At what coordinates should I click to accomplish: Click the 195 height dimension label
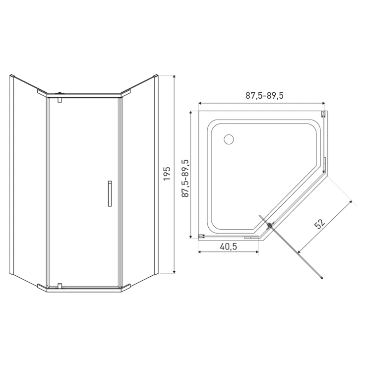point(167,174)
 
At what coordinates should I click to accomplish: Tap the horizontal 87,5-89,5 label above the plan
point(264,96)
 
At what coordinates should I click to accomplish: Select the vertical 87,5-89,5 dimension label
point(185,178)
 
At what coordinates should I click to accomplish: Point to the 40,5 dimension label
point(229,246)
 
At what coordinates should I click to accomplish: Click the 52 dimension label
point(320,224)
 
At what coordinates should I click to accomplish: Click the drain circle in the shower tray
point(229,139)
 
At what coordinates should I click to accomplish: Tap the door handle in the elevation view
point(110,193)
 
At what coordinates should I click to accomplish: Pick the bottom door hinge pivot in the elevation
point(60,286)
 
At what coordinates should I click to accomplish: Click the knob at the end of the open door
point(322,278)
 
